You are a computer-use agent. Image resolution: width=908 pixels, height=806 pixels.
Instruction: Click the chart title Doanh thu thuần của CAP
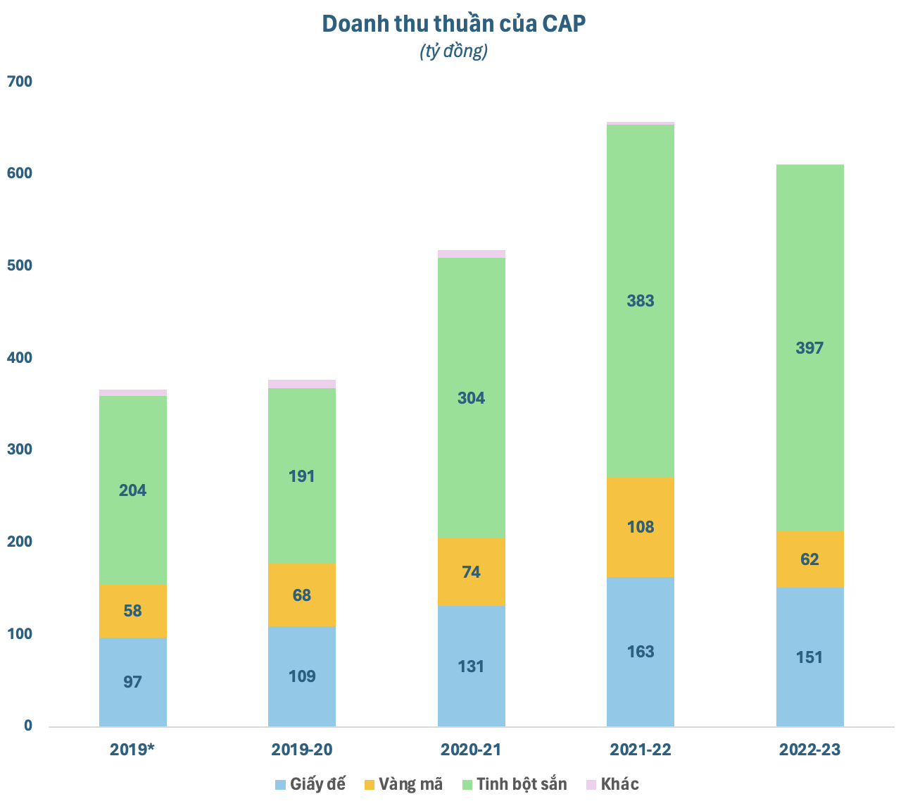454,24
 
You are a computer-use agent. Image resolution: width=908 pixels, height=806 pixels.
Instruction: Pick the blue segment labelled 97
133,682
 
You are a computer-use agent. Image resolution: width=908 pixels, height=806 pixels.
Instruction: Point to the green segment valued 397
809,395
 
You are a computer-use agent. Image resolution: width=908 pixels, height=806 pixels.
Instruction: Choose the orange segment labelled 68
302,595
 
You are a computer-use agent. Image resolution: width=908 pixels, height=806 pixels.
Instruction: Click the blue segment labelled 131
472,666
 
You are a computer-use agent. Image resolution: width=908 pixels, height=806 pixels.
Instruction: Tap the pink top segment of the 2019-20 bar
302,384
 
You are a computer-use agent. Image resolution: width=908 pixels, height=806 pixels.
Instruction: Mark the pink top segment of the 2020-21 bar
472,254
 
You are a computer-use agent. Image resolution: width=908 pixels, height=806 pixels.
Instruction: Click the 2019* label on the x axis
132,749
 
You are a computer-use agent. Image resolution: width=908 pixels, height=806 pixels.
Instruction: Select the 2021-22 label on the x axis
641,749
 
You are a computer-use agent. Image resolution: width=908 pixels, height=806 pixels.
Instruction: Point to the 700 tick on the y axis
20,82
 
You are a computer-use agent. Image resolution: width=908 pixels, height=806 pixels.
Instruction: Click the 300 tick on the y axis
20,449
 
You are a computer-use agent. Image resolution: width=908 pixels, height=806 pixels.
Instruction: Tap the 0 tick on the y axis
28,726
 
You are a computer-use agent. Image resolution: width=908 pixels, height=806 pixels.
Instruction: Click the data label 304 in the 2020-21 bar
472,398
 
